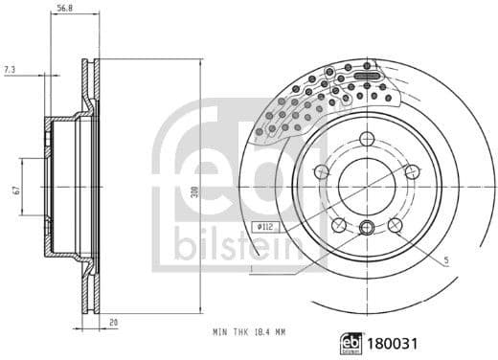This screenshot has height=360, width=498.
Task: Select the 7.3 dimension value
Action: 10,71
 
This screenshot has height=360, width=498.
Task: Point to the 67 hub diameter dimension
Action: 15,190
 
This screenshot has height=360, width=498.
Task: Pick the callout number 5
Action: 445,259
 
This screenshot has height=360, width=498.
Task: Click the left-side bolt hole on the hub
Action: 322,172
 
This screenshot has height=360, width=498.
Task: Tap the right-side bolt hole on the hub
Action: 412,172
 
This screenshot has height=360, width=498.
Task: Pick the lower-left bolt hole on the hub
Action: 338,225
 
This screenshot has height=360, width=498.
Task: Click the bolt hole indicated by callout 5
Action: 395,225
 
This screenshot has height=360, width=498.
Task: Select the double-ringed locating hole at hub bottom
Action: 367,228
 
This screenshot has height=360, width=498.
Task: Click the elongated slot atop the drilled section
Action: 367,73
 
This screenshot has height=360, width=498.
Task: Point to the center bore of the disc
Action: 367,187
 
